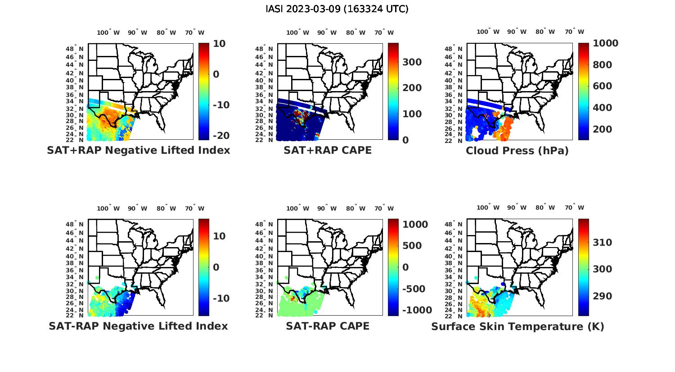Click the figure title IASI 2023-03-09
pos(337,9)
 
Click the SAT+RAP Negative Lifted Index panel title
pos(138,150)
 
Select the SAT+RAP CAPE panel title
pos(328,150)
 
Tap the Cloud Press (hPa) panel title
pos(517,151)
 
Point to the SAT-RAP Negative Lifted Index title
pos(138,326)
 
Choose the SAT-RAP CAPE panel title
pos(328,326)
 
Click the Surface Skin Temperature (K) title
pos(517,326)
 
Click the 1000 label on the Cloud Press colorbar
pos(606,43)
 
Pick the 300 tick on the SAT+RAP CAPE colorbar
pos(412,62)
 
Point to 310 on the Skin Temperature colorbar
pos(602,243)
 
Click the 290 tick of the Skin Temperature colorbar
pos(602,296)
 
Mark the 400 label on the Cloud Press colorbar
pos(602,108)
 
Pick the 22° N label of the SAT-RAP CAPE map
pos(264,316)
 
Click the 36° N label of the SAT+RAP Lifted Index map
pos(75,95)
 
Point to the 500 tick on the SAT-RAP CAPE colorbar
pos(412,246)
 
